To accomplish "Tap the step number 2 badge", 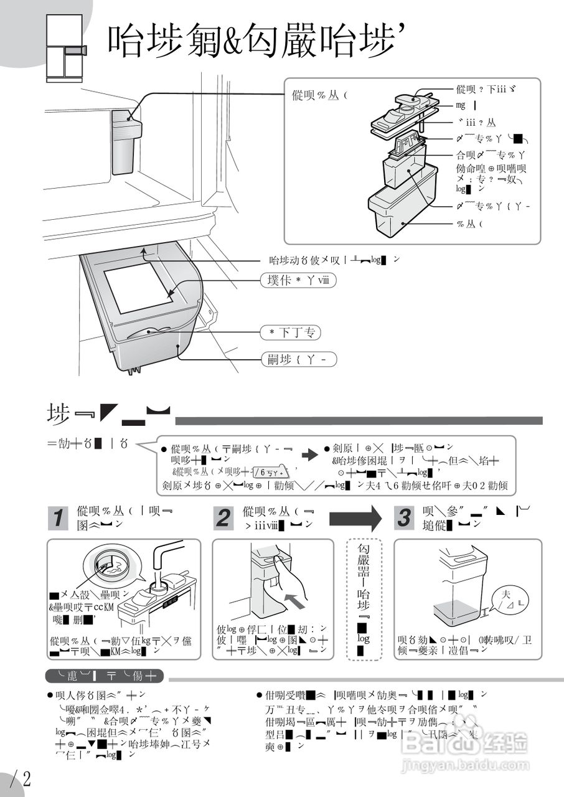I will click(223, 518).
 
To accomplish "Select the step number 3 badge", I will click(405, 518).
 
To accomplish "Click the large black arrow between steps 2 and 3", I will click(355, 518).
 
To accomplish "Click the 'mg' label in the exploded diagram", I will click(461, 106).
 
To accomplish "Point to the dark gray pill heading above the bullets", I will click(105, 676).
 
